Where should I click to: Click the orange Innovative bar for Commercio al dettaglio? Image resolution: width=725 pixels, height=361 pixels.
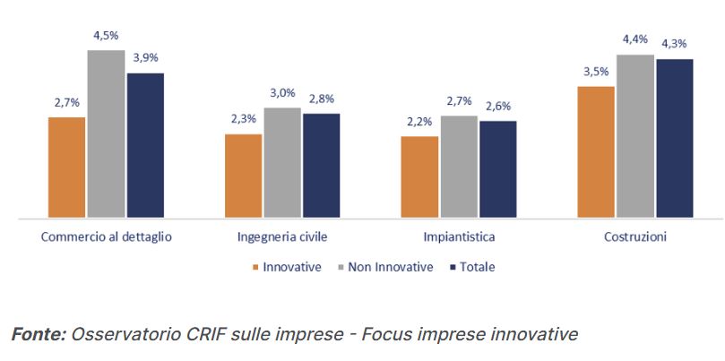[66, 168]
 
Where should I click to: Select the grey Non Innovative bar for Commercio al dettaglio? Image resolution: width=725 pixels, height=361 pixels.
[106, 134]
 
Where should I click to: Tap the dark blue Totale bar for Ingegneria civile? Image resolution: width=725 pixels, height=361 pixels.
[321, 166]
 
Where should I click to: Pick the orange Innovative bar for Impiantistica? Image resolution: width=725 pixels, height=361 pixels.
[419, 176]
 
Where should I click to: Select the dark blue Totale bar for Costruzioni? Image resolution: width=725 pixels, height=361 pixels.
[674, 139]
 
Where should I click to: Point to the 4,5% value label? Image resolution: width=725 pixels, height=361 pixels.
[106, 37]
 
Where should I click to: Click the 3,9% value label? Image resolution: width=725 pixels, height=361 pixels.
[145, 58]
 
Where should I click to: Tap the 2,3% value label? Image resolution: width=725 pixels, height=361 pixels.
[243, 119]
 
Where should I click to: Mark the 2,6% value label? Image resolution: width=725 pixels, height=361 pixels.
[498, 106]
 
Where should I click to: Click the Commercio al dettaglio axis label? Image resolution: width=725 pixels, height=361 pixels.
[106, 238]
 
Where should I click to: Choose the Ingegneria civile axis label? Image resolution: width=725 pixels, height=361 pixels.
[282, 238]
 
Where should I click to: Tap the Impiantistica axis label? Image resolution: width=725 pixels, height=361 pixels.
[459, 238]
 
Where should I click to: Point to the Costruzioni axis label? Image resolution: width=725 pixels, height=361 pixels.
[634, 238]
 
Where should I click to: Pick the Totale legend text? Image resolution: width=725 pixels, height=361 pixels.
[477, 267]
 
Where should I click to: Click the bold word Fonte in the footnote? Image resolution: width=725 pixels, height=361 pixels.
[37, 334]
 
